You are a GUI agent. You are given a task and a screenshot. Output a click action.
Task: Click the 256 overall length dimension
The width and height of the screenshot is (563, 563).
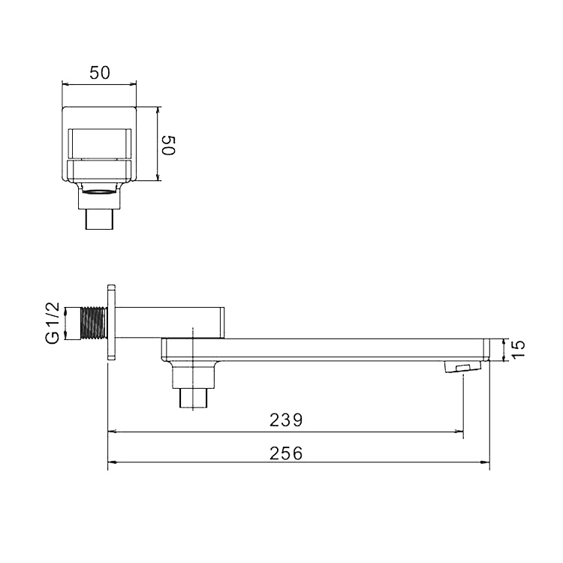286,453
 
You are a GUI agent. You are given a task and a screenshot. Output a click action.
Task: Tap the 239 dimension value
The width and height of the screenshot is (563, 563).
286,420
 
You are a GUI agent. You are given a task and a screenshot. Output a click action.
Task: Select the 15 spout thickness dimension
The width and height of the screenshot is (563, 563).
518,349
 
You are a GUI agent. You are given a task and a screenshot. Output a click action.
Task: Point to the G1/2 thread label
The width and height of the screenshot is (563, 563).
53,323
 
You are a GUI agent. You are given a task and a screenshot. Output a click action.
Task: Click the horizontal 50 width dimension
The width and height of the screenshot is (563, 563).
99,73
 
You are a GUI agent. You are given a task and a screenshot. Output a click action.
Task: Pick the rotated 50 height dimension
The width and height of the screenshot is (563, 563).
168,146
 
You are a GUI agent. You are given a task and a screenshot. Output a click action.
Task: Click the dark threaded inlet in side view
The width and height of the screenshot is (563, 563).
95,323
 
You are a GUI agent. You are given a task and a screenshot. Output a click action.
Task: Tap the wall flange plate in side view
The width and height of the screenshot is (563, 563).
111,322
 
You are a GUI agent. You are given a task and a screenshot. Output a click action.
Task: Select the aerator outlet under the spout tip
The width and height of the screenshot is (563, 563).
462,367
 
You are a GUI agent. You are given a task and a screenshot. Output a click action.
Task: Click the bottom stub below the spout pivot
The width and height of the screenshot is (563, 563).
193,398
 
